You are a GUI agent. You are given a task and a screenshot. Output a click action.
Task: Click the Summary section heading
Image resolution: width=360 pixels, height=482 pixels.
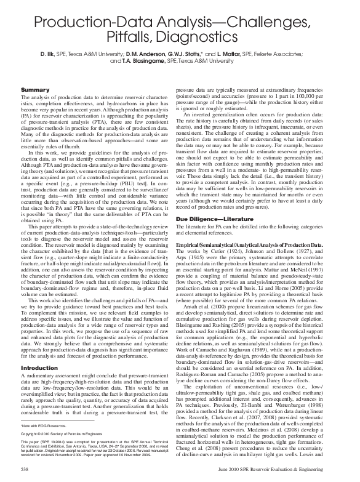point(35,90)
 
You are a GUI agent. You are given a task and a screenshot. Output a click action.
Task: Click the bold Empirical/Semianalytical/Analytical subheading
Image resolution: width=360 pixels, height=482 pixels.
point(246,228)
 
